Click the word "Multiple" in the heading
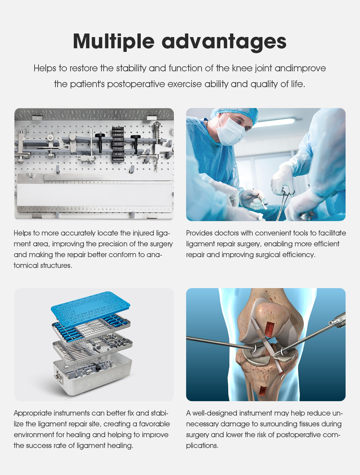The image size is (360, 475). click(113, 41)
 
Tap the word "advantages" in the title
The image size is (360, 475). click(224, 41)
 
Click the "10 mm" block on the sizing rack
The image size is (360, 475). click(118, 144)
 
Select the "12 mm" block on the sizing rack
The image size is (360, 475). click(118, 154)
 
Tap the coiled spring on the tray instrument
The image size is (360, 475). click(157, 128)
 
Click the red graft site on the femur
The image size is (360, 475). click(270, 327)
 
